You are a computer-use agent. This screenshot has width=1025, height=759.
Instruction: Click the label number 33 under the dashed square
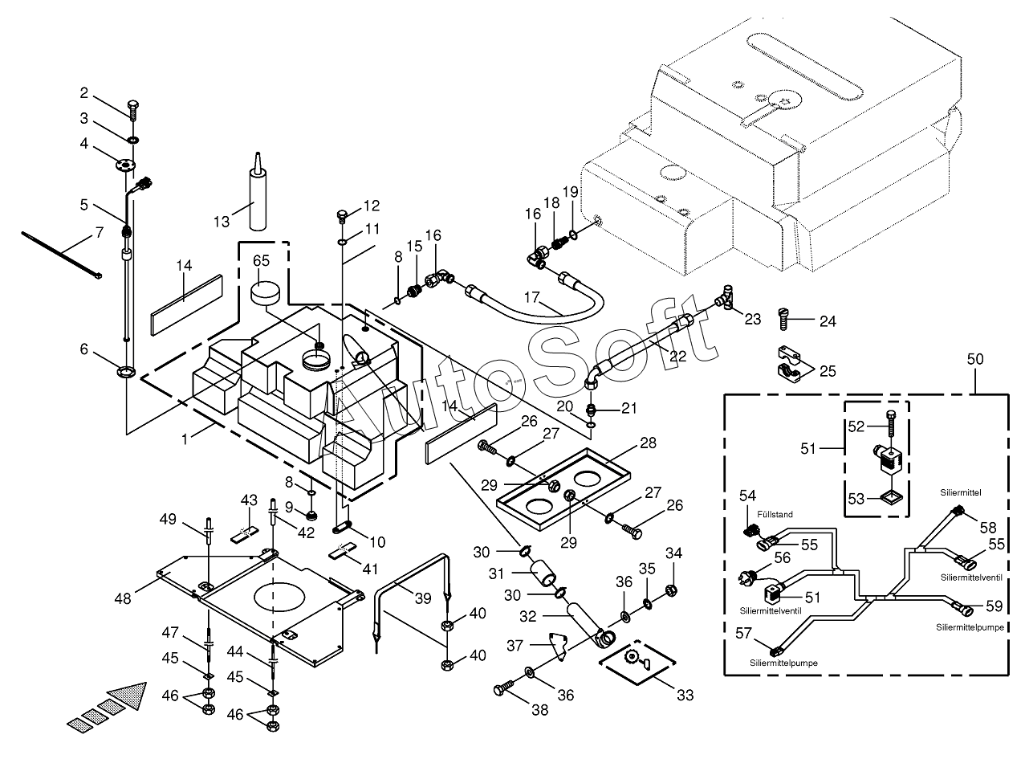(684, 695)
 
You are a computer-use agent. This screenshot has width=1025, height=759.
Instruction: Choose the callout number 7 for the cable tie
(99, 233)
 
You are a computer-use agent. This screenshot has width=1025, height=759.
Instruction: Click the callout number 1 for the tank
(185, 439)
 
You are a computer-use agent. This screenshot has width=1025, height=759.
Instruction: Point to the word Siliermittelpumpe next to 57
(782, 663)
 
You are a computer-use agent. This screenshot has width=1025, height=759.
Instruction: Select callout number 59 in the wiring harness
(994, 606)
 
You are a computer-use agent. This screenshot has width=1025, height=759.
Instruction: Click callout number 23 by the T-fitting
(752, 319)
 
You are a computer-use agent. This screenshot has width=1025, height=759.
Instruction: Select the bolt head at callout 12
(342, 215)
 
